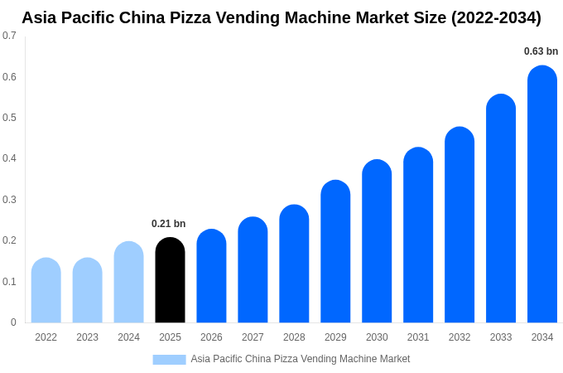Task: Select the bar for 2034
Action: tap(542, 194)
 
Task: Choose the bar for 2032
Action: tap(460, 225)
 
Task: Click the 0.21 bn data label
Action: tap(168, 224)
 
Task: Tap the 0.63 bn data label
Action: tap(541, 51)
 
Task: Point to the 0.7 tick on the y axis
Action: tap(9, 36)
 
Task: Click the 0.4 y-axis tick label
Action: tap(9, 158)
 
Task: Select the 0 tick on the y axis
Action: tap(13, 322)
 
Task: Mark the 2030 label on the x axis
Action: tap(377, 337)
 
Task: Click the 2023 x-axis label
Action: tap(87, 337)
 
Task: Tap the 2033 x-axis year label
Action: tap(501, 337)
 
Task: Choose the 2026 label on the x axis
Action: tap(211, 337)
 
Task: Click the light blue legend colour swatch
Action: tap(169, 359)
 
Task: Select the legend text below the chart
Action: tap(300, 359)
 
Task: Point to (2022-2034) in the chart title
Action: tap(496, 17)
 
